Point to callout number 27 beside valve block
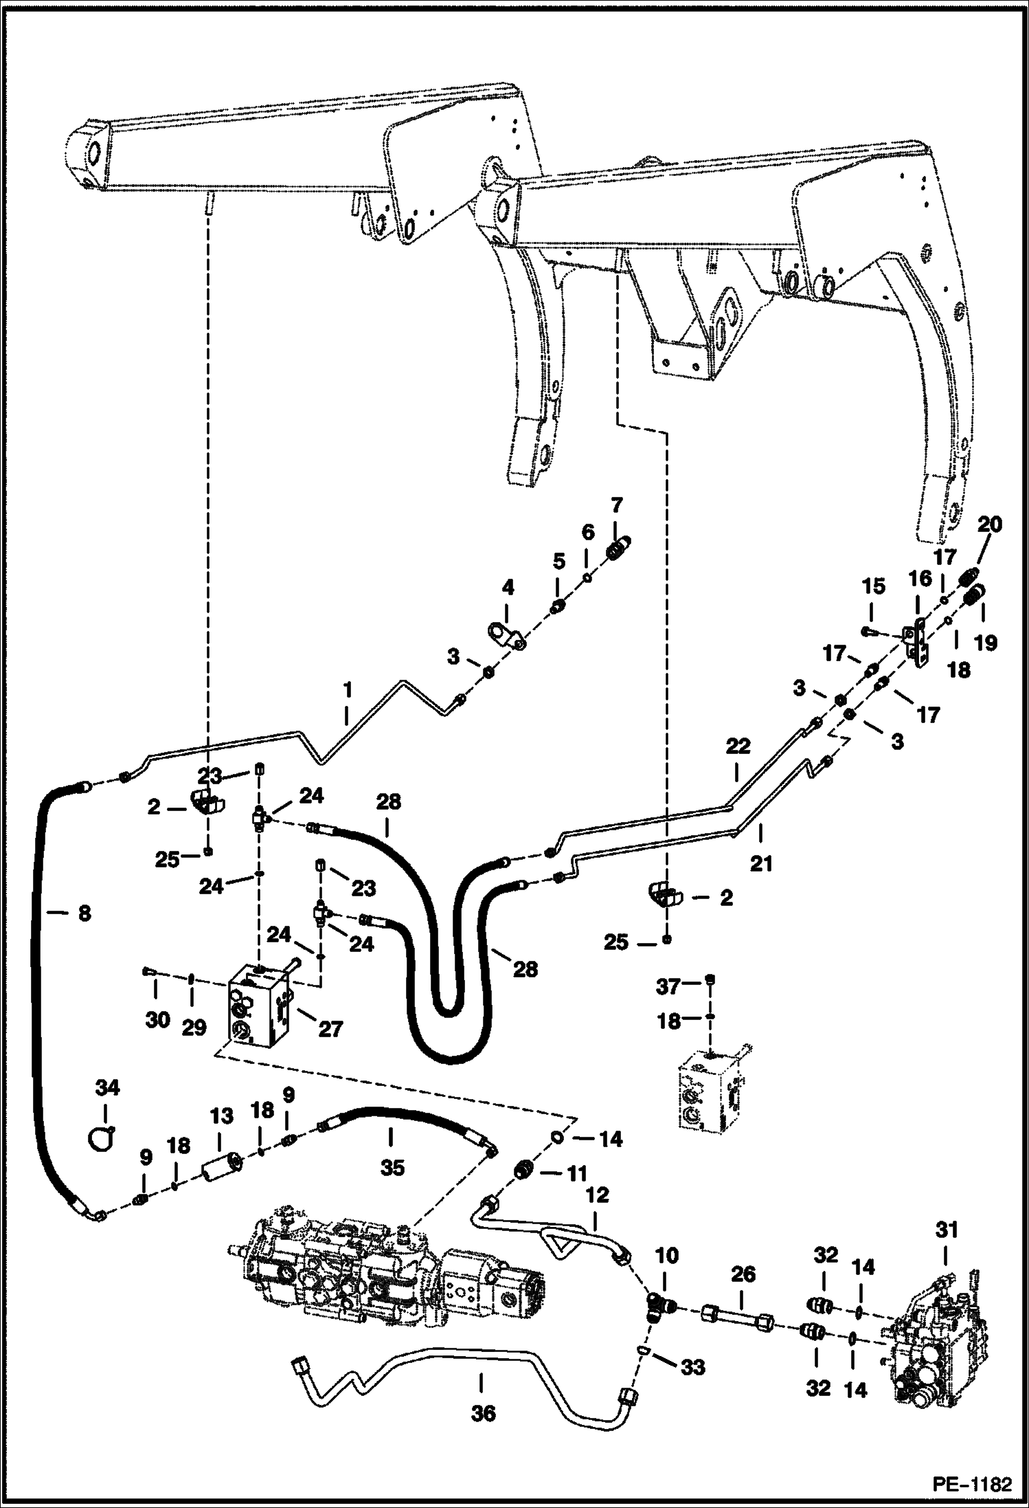330,1030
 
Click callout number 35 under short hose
392,1166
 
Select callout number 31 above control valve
947,1228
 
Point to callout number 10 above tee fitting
666,1255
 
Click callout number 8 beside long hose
84,913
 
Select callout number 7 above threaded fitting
616,505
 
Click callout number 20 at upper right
989,524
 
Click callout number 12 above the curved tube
598,1195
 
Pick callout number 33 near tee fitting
692,1367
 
